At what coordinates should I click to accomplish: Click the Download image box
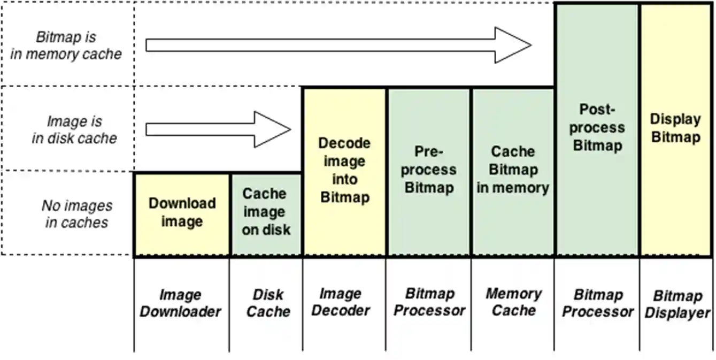click(x=182, y=214)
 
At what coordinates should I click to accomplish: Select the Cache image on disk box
click(x=266, y=214)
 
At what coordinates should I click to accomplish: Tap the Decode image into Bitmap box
click(x=344, y=171)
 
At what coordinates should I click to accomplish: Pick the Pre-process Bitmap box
click(x=429, y=171)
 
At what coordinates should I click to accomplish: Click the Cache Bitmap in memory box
click(x=513, y=171)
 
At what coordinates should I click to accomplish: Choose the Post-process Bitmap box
click(x=597, y=128)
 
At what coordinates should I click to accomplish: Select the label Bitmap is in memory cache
click(x=66, y=45)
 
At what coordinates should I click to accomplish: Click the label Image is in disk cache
click(x=74, y=130)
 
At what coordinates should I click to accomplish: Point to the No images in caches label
click(x=76, y=214)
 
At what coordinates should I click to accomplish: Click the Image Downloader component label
click(x=180, y=303)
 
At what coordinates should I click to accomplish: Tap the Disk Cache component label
click(x=267, y=303)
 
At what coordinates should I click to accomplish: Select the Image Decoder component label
click(x=341, y=302)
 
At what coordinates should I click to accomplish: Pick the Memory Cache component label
click(x=513, y=302)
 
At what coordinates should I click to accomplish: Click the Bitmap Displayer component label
click(x=677, y=304)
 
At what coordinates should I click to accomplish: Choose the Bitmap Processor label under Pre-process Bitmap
click(x=429, y=302)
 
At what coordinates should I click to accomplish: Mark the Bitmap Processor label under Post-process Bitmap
click(x=597, y=303)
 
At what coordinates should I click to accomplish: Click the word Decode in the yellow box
click(x=344, y=143)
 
